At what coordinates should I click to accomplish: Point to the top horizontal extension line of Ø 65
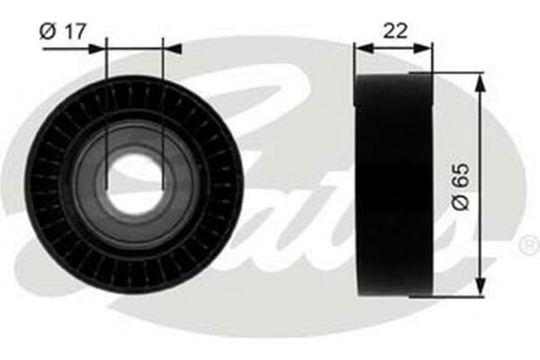tap(450, 73)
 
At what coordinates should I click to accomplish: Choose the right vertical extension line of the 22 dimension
tap(432, 58)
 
